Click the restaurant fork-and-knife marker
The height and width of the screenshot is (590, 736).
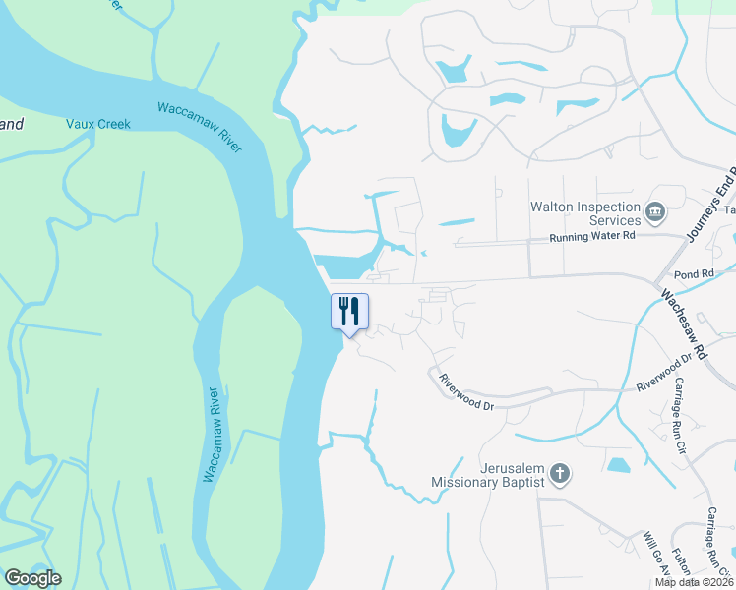coord(349,312)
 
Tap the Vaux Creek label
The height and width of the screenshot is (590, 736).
coord(98,124)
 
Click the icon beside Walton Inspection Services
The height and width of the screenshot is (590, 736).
coord(654,211)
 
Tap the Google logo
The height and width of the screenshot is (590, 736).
coord(32,578)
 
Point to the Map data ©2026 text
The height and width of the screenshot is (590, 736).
coord(694,582)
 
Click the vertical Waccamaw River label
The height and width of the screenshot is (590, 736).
coord(213,434)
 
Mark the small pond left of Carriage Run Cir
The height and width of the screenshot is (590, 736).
coord(619,464)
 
